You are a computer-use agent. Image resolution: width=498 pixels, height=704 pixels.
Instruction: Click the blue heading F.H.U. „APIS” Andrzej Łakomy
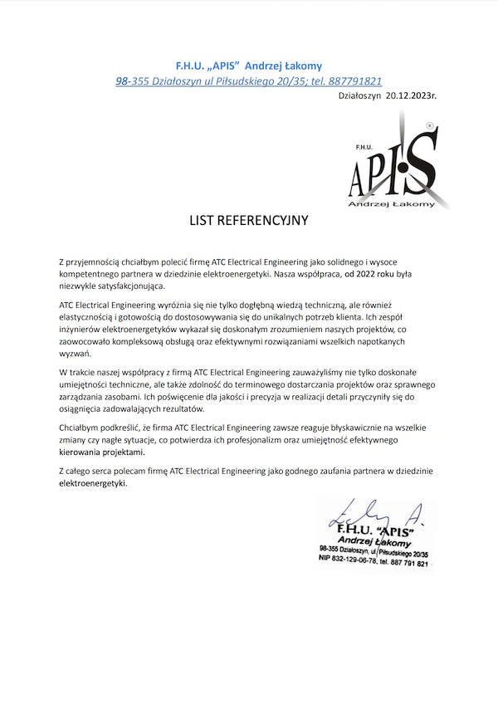249,66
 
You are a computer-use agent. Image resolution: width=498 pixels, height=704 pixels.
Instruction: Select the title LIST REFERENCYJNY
249,221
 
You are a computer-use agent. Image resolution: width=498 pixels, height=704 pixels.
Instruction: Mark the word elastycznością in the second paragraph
94,317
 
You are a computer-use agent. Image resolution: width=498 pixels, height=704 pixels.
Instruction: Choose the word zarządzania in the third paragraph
85,397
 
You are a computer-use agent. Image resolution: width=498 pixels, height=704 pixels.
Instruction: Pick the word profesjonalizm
274,441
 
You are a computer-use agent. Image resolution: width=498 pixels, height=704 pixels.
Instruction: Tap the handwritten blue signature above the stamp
373,513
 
